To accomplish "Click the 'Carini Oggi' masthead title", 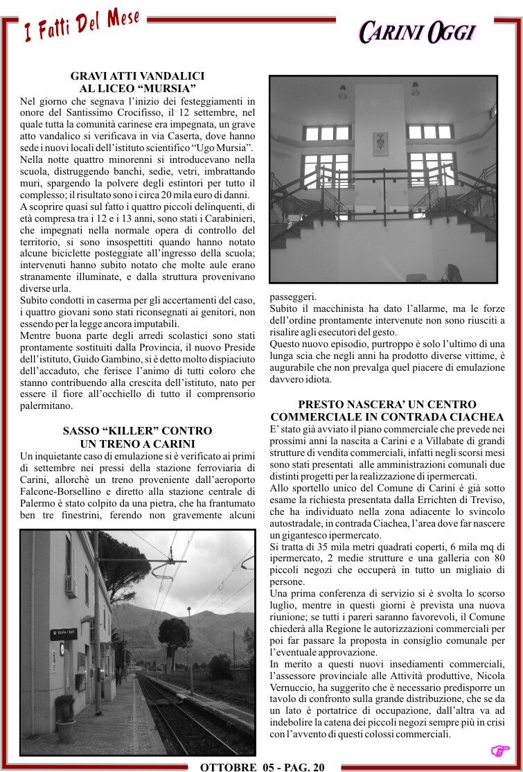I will point(417,32).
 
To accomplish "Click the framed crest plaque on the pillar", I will point(380,143).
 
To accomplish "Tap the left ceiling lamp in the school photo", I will point(342,92).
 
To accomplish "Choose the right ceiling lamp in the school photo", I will point(416,89).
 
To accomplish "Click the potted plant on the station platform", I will point(65,718).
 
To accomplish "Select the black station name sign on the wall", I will point(64,633).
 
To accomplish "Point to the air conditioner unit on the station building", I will point(70,586).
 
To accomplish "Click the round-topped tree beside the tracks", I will point(173,633).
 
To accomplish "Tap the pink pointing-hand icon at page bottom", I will point(499,751).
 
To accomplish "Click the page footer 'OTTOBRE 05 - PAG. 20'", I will point(262,766).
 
